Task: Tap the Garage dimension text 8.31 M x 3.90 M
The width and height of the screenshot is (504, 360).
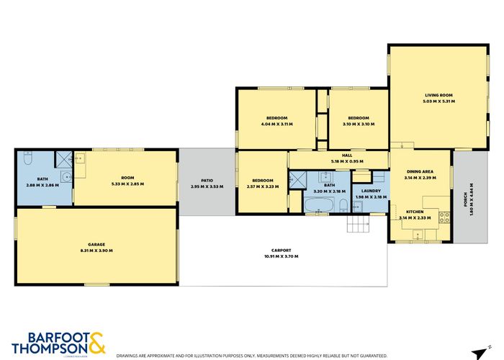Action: pyautogui.click(x=96, y=250)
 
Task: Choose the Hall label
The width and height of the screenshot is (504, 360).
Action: pyautogui.click(x=346, y=156)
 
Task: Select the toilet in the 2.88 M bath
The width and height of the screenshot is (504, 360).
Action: pyautogui.click(x=27, y=157)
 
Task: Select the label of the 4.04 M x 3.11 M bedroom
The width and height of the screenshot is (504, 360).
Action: pyautogui.click(x=277, y=118)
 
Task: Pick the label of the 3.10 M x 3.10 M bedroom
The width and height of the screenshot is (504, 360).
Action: pyautogui.click(x=358, y=118)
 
